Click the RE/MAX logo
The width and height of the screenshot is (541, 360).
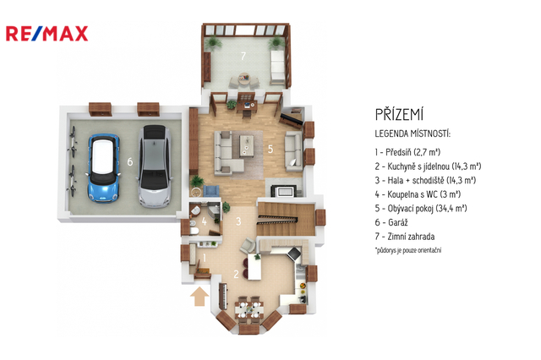coord(47,34)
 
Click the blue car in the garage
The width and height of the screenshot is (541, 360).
coord(103,167)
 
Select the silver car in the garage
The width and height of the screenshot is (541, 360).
coord(155,166)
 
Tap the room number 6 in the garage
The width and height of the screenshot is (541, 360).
coord(129,161)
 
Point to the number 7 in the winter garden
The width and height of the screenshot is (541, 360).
coord(243,56)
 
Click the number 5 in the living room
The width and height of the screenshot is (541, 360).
coord(270,149)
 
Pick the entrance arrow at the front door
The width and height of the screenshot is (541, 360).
coord(199,297)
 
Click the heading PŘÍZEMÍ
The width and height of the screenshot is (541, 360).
coord(399,114)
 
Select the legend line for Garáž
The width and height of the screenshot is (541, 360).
coord(391,222)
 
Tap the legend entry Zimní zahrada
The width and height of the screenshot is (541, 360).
coord(405,237)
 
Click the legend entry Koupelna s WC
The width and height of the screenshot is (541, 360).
coord(418,194)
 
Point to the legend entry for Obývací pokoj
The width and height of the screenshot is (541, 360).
coord(421,208)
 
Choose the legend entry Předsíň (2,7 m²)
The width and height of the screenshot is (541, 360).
coord(407,152)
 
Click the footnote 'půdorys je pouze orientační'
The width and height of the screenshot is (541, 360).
coord(408,250)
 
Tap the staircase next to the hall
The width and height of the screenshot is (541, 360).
coord(286,219)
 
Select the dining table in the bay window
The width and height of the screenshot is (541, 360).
coord(249,309)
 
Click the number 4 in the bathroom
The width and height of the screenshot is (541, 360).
coord(205,221)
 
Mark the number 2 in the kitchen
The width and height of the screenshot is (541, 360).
coord(236,274)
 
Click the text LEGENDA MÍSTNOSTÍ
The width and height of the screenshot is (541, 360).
coord(413,134)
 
